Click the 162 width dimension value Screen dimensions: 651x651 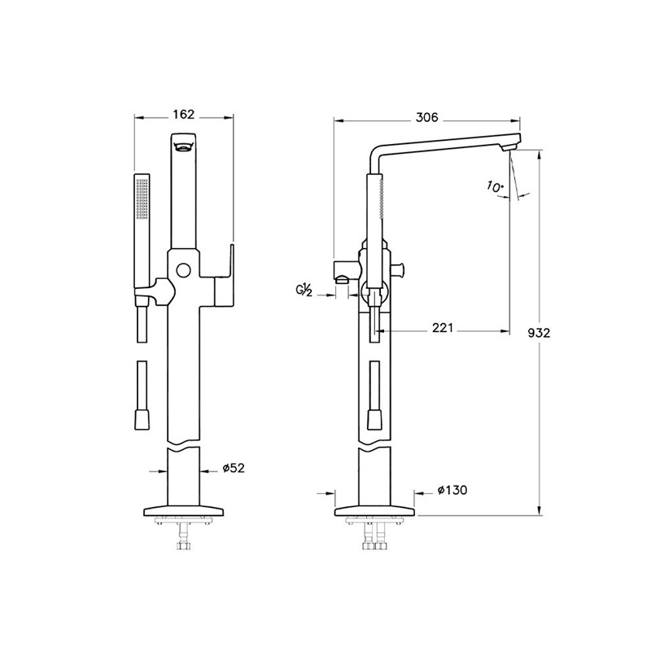[x=184, y=114]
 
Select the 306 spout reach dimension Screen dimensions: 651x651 [x=426, y=117]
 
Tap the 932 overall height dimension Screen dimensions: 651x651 [x=539, y=333]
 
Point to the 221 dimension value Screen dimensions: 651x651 [x=443, y=328]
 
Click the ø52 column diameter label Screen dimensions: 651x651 [x=234, y=468]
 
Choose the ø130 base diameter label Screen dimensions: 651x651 [x=452, y=490]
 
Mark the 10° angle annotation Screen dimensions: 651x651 [x=494, y=187]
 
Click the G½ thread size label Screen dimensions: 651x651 [x=304, y=291]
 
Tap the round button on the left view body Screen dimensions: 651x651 [x=183, y=270]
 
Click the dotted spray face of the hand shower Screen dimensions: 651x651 [x=142, y=199]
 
